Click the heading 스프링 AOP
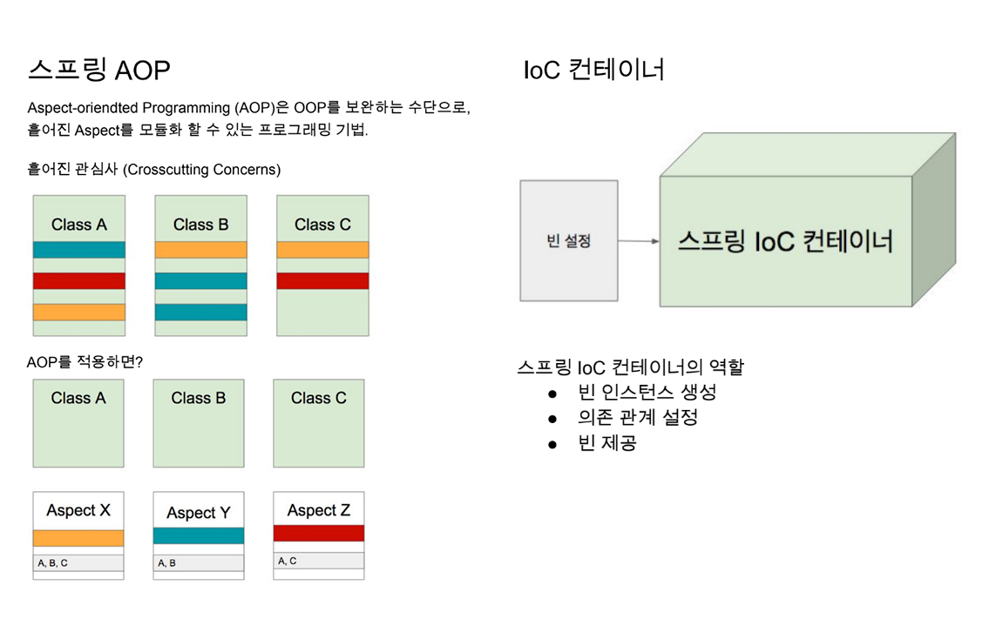pyautogui.click(x=98, y=70)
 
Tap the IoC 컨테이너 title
pyautogui.click(x=593, y=70)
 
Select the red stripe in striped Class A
pyautogui.click(x=79, y=281)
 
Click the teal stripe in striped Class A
pyautogui.click(x=79, y=250)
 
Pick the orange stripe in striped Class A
pyautogui.click(x=79, y=312)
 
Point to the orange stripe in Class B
pyautogui.click(x=200, y=250)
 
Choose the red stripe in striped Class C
pyautogui.click(x=322, y=281)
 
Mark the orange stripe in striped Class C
pyautogui.click(x=322, y=250)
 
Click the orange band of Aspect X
pyautogui.click(x=78, y=538)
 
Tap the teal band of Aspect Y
pyautogui.click(x=199, y=536)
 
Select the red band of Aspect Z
pyautogui.click(x=319, y=533)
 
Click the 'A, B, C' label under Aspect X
pyautogui.click(x=53, y=563)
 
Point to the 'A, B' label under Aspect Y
pyautogui.click(x=167, y=563)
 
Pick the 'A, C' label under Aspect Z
pyautogui.click(x=288, y=562)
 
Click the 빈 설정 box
pyautogui.click(x=569, y=241)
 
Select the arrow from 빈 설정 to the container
pyautogui.click(x=639, y=241)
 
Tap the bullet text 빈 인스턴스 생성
pyautogui.click(x=647, y=393)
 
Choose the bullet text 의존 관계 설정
pyautogui.click(x=637, y=418)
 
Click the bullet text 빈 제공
pyautogui.click(x=607, y=443)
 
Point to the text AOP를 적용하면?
pyautogui.click(x=85, y=360)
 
